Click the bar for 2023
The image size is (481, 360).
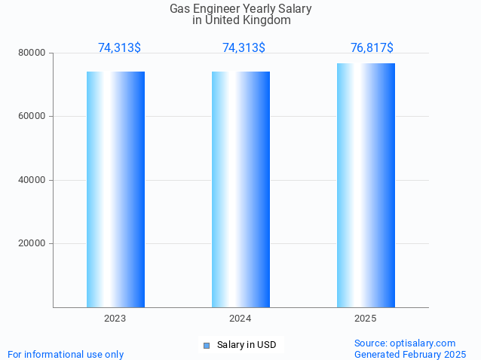point(115,189)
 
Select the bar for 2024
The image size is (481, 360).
point(240,189)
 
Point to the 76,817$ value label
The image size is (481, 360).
point(372,47)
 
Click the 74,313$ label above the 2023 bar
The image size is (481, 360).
point(119,47)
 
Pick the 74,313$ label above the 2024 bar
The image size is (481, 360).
point(244,47)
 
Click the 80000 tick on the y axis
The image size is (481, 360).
point(32,53)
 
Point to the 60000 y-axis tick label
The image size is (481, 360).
point(32,116)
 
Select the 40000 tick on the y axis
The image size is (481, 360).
point(32,180)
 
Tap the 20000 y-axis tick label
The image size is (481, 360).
point(32,243)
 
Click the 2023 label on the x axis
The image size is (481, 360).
point(115,319)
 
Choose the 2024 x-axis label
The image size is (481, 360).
point(240,319)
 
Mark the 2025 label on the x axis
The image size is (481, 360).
point(366,319)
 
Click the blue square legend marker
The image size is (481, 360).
point(206,345)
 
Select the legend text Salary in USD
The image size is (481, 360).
point(247,345)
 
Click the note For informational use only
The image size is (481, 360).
point(66,354)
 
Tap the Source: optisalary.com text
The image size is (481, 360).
point(405,343)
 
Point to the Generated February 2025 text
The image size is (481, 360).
point(410,354)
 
